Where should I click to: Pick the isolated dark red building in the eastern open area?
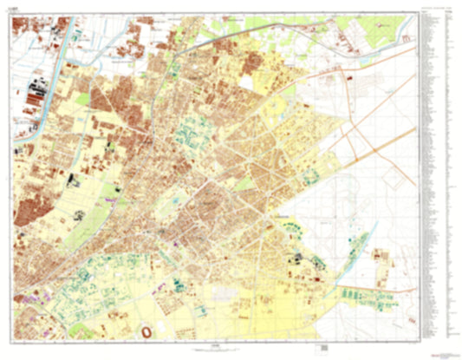tap(348, 78)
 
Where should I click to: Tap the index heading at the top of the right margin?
tap(437, 11)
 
